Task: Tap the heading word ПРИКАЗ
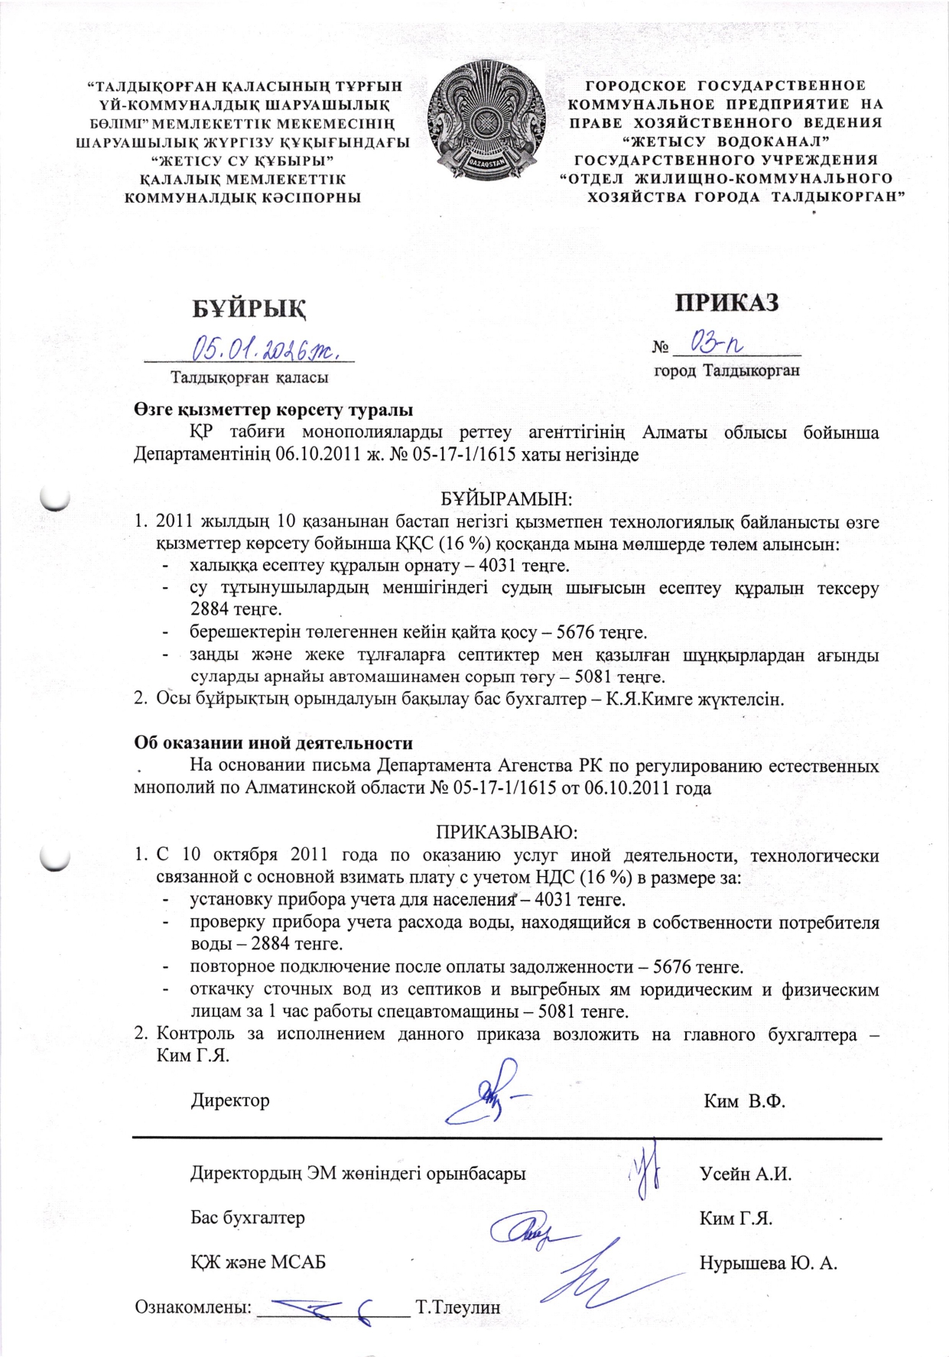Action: click(x=726, y=303)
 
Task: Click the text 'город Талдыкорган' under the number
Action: click(x=726, y=371)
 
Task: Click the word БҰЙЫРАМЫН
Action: click(x=507, y=499)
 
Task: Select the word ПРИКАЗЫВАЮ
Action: click(x=506, y=831)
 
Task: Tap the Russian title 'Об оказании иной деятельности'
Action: click(x=273, y=743)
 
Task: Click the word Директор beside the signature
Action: click(x=230, y=1100)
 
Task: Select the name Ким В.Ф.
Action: click(x=745, y=1101)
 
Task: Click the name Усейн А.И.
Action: click(x=746, y=1174)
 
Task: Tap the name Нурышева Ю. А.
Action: click(x=768, y=1263)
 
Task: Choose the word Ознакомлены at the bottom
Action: click(x=193, y=1307)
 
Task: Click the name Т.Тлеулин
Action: click(x=458, y=1307)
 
